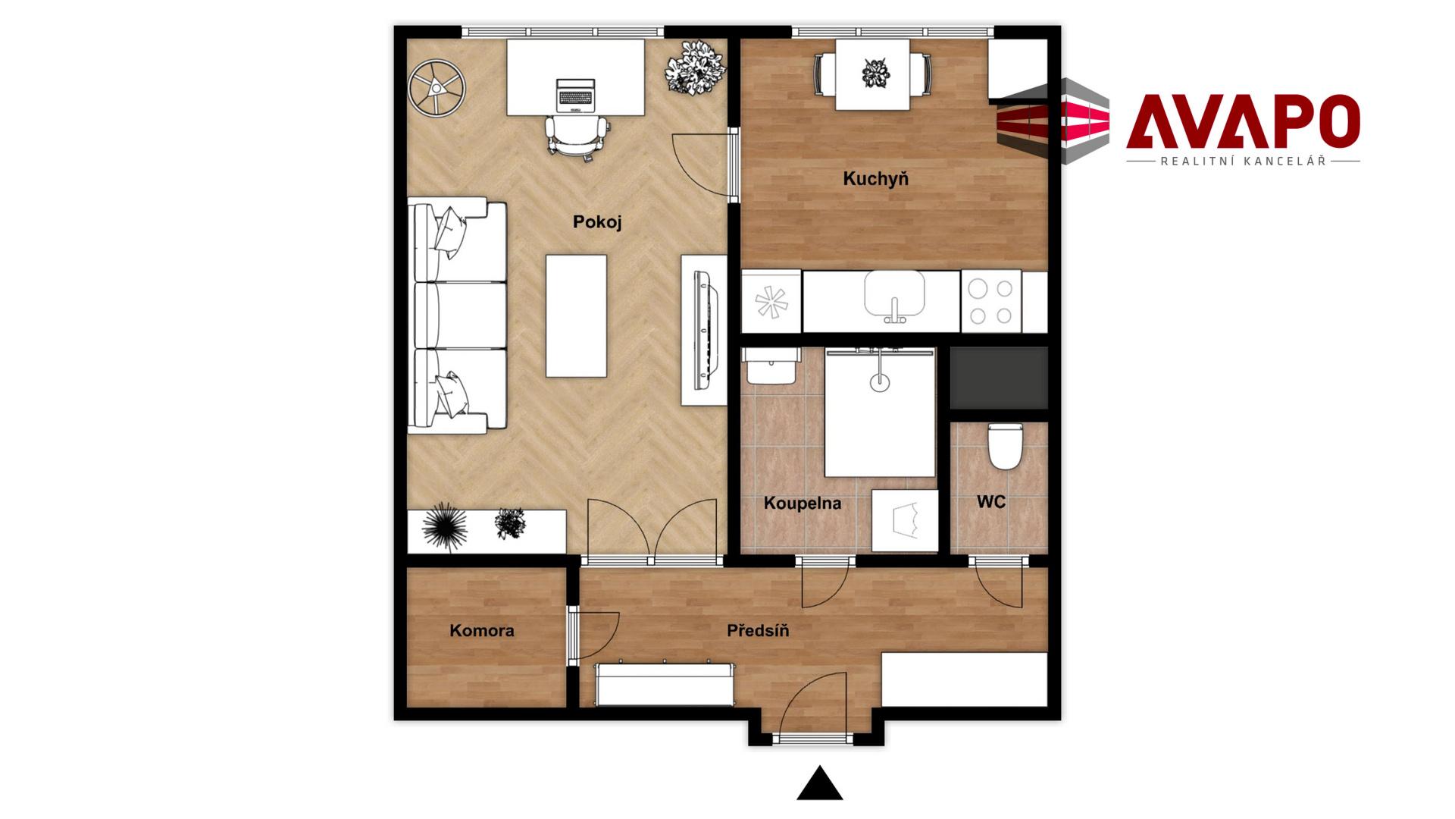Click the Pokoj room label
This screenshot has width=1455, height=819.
597,222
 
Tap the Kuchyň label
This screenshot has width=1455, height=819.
875,179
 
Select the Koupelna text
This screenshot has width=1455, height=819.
802,504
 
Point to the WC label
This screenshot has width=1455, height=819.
991,502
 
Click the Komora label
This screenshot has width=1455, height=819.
482,631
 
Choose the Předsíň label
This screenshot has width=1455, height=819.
758,631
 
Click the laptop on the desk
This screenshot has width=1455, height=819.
576,96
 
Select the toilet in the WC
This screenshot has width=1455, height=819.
1006,447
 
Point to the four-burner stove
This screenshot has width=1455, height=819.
991,302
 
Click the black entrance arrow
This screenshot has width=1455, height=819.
819,784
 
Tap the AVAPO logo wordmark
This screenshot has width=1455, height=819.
1243,121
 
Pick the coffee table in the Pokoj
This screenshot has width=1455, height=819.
576,316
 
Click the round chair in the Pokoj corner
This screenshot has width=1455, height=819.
436,89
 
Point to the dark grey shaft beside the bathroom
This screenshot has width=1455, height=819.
999,378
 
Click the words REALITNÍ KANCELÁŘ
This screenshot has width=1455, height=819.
1243,162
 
